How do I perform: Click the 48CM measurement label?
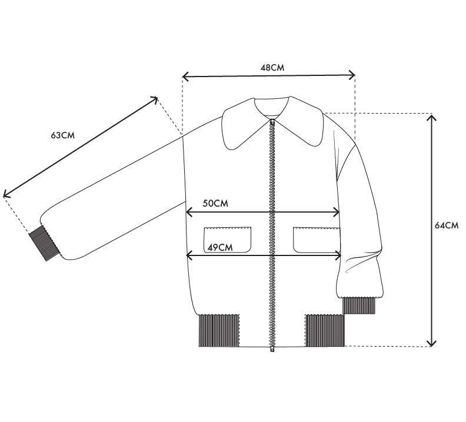pos(272,68)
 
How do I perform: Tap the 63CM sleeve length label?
pos(63,135)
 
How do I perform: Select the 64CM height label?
pos(447,225)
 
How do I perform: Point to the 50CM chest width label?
pos(215,203)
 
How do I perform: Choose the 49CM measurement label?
pos(220,247)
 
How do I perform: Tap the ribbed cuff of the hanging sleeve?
pos(359,305)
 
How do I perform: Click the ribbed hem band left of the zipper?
pos(219,330)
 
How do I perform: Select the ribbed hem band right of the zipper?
pos(325,330)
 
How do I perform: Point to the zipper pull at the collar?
pos(272,122)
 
